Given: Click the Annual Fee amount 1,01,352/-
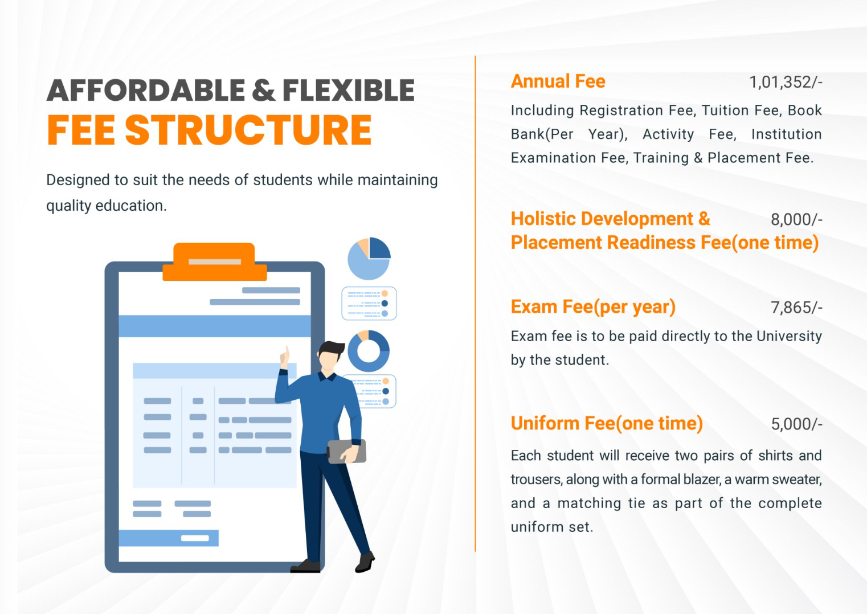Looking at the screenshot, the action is tap(786, 83).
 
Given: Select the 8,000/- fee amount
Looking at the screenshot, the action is tap(796, 219).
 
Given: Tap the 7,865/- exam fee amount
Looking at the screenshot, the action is tap(796, 308).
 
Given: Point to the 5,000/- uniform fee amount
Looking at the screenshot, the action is tap(796, 424).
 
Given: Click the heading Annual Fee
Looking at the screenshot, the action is tap(558, 81).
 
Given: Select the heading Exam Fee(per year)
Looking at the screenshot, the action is tap(593, 307).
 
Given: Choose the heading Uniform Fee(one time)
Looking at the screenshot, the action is tap(607, 423).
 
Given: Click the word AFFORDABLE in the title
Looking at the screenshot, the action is tap(146, 90).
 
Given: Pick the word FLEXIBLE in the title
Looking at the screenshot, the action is tap(349, 90).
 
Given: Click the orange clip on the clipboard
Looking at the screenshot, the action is tap(215, 261).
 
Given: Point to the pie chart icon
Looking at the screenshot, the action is tap(369, 259).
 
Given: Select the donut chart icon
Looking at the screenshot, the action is tap(369, 337).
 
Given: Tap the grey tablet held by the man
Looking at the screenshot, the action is tap(347, 452).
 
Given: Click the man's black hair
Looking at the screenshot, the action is tap(332, 348).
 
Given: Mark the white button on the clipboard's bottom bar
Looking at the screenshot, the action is tap(195, 538).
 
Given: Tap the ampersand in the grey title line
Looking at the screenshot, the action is tap(264, 90).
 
